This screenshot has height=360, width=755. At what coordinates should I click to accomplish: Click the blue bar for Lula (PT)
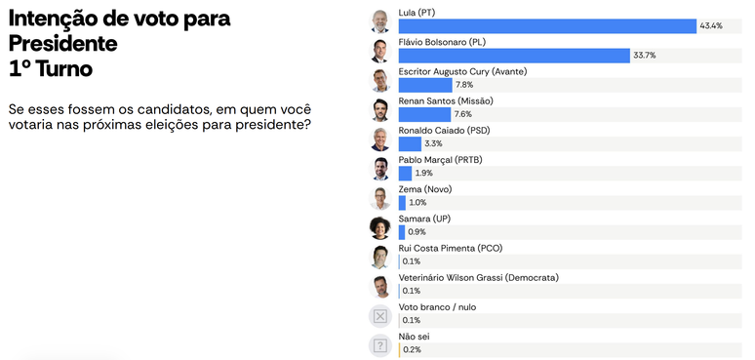click(x=547, y=26)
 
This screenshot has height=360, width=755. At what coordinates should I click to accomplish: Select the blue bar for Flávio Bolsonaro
click(x=514, y=56)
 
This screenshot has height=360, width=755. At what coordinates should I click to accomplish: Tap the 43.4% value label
click(x=711, y=26)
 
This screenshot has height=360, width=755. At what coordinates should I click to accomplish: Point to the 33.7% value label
click(x=644, y=56)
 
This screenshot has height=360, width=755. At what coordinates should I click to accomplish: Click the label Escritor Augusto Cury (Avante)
click(x=462, y=72)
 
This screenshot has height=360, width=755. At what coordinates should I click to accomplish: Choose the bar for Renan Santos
click(x=424, y=114)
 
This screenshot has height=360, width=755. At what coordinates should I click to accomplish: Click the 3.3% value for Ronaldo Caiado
click(x=433, y=143)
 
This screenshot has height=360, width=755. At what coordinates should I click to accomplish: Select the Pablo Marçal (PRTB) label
click(x=440, y=160)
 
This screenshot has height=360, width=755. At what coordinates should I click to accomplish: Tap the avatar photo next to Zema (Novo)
click(x=379, y=198)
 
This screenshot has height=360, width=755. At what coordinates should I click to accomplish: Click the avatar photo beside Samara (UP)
click(x=379, y=227)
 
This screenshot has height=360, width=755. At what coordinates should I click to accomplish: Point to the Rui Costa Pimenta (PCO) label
click(x=451, y=249)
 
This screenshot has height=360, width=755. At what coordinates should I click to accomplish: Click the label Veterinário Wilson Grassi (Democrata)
click(x=479, y=278)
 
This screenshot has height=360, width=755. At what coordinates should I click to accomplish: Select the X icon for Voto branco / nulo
click(x=379, y=316)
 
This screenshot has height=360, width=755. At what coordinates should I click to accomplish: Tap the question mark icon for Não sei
click(x=379, y=345)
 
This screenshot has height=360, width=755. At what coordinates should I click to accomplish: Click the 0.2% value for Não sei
click(x=412, y=350)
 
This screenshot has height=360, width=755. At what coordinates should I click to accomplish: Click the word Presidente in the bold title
click(x=63, y=44)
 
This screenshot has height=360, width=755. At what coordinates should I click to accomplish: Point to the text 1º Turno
click(x=51, y=69)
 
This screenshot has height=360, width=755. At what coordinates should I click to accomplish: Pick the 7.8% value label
click(x=464, y=85)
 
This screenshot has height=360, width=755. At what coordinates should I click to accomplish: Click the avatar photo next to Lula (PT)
click(x=379, y=21)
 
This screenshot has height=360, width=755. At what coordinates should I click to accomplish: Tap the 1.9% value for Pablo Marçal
click(x=423, y=173)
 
